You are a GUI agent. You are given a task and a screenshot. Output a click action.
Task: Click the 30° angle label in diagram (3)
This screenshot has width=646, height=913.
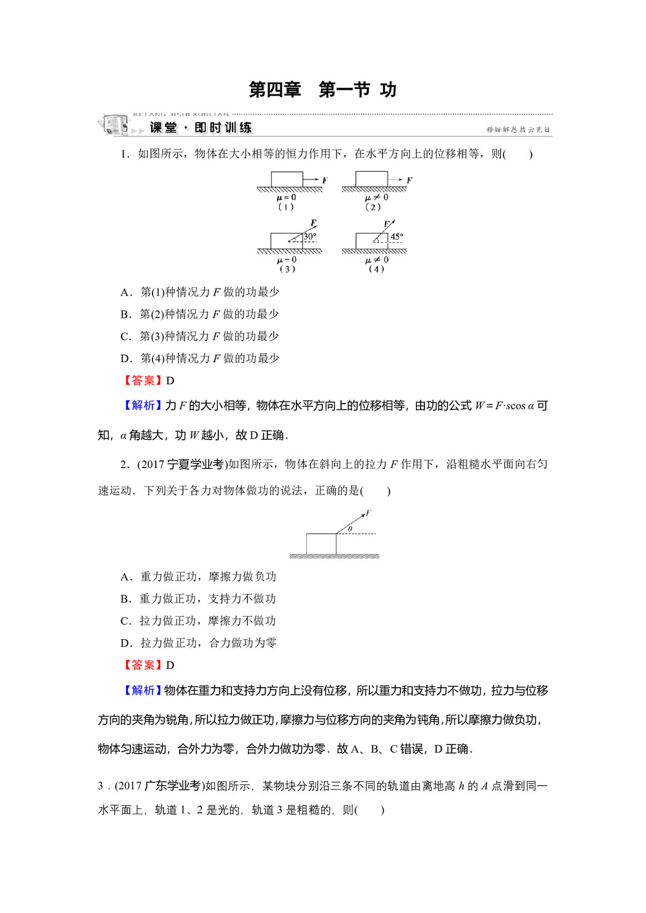click(x=310, y=236)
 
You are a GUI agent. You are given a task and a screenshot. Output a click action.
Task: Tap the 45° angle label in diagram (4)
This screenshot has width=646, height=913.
click(x=396, y=237)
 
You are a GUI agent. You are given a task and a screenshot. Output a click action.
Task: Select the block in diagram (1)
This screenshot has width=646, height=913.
click(x=287, y=179)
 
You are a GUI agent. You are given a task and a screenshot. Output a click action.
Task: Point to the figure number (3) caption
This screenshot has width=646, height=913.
click(x=286, y=269)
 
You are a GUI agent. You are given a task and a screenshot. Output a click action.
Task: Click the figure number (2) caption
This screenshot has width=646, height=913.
click(x=373, y=207)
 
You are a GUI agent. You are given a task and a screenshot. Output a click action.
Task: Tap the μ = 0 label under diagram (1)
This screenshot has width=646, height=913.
click(x=286, y=198)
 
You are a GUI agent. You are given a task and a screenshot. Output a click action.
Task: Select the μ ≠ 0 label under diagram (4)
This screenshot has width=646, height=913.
click(x=377, y=260)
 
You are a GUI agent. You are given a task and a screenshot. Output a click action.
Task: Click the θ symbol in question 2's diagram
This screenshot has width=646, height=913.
click(x=350, y=529)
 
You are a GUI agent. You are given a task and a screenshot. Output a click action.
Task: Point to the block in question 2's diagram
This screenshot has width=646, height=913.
click(x=321, y=544)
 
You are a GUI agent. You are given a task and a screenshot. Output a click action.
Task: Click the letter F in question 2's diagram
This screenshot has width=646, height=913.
click(x=368, y=513)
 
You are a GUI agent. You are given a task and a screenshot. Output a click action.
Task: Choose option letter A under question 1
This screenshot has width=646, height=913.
click(x=125, y=292)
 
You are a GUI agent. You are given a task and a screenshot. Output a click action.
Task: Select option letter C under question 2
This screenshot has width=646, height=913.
click(x=125, y=621)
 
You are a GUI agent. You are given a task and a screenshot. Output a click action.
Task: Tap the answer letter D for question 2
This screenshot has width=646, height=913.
click(x=171, y=666)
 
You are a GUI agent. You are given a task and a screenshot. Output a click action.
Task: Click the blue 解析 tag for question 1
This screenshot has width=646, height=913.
click(x=143, y=405)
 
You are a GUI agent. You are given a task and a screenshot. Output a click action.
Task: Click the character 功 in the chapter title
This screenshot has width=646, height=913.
click(x=388, y=90)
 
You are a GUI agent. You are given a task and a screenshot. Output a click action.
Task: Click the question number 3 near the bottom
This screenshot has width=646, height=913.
click(x=101, y=786)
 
